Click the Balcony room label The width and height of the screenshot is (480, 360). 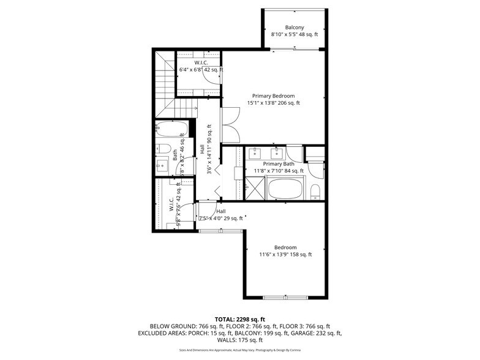coord(294,27)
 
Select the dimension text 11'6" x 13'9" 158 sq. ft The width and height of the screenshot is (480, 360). coord(285,255)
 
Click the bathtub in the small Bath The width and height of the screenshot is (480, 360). coord(171,130)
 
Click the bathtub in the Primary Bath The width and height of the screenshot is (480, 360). coord(286,189)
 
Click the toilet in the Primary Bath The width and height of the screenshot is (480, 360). coord(315,191)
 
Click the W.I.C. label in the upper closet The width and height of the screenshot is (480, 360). coord(201,63)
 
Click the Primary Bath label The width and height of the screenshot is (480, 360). coord(279,163)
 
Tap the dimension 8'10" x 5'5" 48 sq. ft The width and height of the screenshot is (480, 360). coord(294,35)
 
